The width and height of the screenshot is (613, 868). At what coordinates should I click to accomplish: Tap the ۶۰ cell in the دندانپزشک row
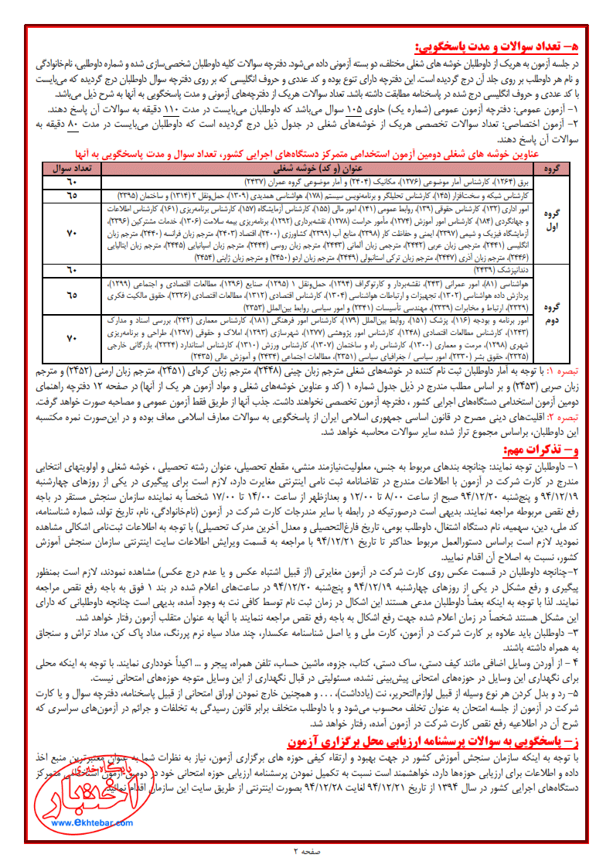click(73, 269)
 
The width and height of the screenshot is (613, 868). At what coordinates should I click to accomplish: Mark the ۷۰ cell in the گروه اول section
click(73, 234)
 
